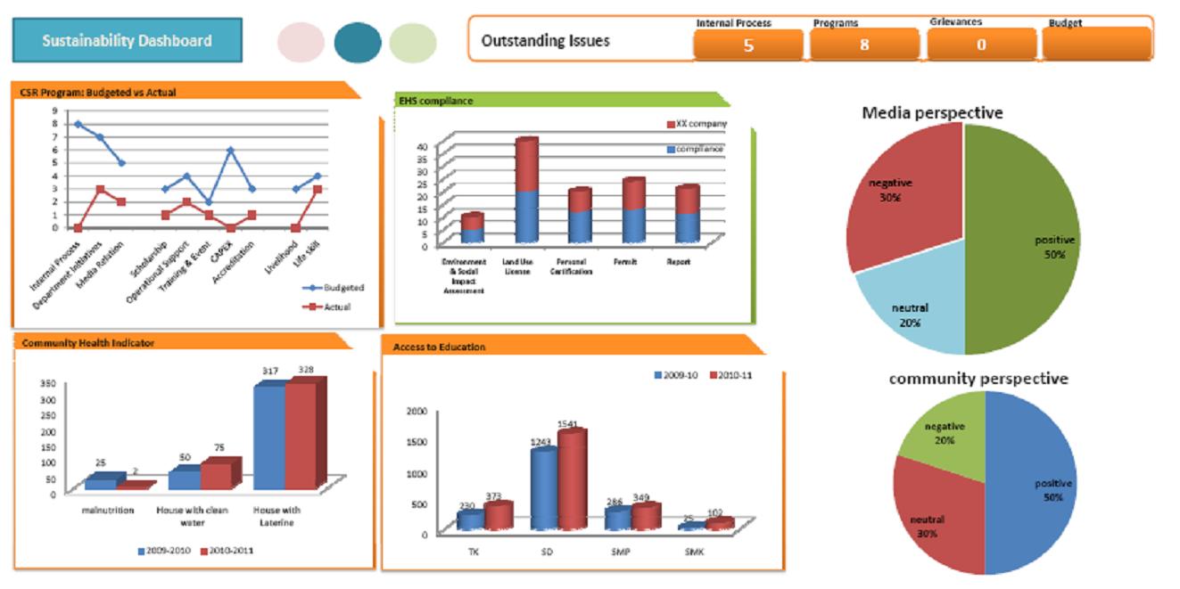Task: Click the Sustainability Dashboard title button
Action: point(127,41)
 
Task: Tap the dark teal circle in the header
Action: point(358,43)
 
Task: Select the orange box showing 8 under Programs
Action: point(863,45)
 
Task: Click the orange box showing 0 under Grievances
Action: point(981,45)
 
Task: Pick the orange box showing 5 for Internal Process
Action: point(747,45)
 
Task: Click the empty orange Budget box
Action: point(1096,45)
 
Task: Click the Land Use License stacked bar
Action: point(526,192)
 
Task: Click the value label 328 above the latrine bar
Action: point(306,370)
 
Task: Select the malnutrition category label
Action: point(108,511)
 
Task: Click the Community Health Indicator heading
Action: point(88,343)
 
